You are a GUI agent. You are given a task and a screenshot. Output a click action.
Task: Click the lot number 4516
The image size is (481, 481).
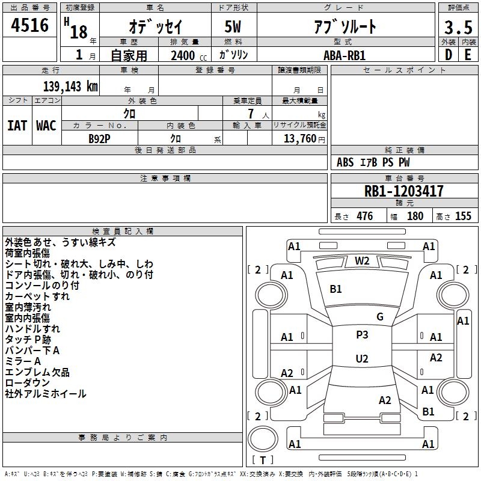pos(29,25)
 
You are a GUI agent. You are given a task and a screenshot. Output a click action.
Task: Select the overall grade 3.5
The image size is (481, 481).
pos(458,27)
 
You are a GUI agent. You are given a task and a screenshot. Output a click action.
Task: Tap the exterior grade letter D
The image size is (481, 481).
pos(449,55)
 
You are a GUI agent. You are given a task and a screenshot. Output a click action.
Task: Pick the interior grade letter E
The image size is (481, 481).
pos(468,55)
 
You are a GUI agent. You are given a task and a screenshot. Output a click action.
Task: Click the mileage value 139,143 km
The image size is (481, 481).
pos(70,87)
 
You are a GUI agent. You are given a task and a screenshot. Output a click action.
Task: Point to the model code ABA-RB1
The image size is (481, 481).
pos(345,55)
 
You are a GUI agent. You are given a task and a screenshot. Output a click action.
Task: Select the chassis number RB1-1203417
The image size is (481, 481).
pos(403,191)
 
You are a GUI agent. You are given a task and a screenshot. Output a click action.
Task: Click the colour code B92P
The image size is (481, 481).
pos(99,139)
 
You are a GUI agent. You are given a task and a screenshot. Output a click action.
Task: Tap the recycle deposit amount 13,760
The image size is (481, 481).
pos(299,139)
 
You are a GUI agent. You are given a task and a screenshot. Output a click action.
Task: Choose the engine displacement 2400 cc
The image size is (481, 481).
pos(189,55)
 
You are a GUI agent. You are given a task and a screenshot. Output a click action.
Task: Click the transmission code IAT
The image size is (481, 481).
pos(17,126)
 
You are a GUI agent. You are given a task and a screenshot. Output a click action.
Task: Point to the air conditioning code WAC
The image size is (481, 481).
pos(46,126)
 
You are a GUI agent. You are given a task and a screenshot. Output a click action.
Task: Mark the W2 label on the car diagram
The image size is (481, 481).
pos(362,261)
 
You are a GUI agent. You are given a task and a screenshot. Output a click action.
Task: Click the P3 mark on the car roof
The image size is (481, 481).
pos(362,335)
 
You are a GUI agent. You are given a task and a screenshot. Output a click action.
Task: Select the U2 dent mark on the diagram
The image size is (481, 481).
pos(362,358)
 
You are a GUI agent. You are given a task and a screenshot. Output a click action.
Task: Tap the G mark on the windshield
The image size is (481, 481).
pos(380,317)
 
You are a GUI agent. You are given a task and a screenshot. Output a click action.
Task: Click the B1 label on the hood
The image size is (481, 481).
pos(335,289)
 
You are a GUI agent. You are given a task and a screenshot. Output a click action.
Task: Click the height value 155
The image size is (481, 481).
pos(463,216)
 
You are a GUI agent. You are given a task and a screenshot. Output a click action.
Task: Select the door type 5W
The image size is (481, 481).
pos(233,26)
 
